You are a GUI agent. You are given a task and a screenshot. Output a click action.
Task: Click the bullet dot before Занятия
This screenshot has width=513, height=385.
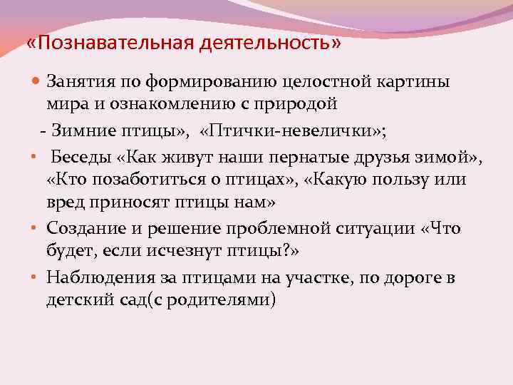38,83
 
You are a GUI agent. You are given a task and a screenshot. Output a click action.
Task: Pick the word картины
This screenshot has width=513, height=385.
413,82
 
